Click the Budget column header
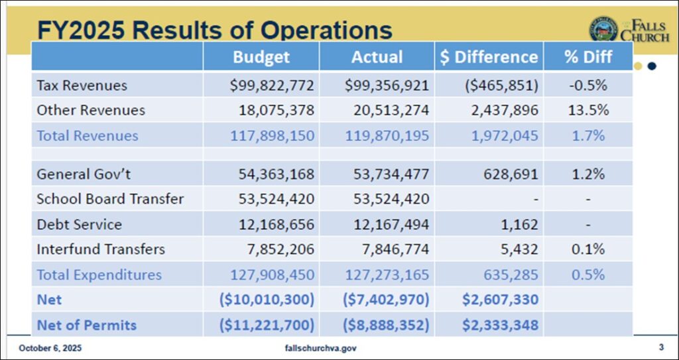pyautogui.click(x=261, y=57)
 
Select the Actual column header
pyautogui.click(x=377, y=57)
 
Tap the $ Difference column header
pyautogui.click(x=489, y=57)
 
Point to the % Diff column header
pyautogui.click(x=588, y=57)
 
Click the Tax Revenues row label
pyautogui.click(x=82, y=86)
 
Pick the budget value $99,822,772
pyautogui.click(x=272, y=86)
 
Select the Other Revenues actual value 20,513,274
pyautogui.click(x=387, y=110)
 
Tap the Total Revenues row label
pyautogui.click(x=87, y=136)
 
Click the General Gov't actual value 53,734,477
pyautogui.click(x=387, y=174)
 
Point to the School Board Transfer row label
pyautogui.click(x=110, y=199)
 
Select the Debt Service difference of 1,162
pyautogui.click(x=520, y=225)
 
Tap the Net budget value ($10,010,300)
pyautogui.click(x=267, y=300)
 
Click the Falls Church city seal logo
pyautogui.click(x=603, y=30)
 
